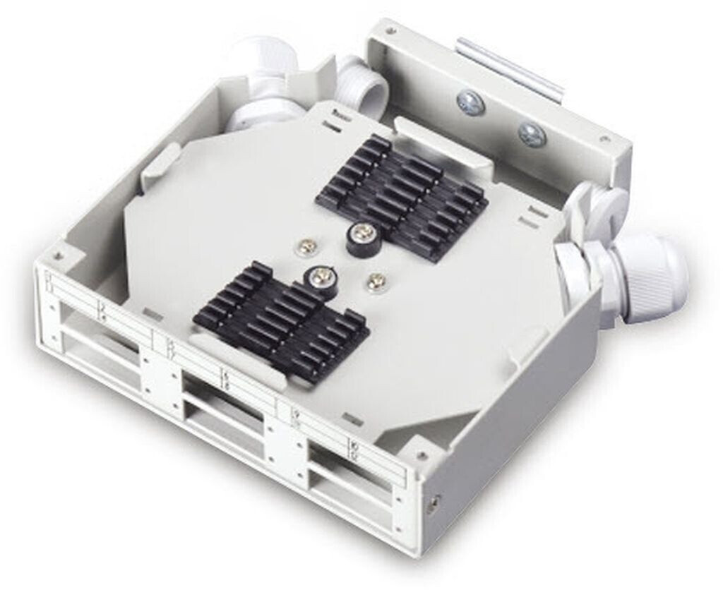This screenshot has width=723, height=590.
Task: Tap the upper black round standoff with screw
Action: click(x=364, y=236)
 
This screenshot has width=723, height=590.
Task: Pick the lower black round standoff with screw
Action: click(x=318, y=277)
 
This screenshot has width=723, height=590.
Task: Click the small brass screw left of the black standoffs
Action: click(x=307, y=246)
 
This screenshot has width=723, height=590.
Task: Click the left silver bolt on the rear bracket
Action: click(x=470, y=103)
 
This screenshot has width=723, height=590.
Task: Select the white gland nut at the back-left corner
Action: click(x=265, y=85)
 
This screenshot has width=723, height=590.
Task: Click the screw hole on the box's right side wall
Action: click(x=434, y=503)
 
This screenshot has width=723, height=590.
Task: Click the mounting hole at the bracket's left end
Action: click(x=392, y=31)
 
